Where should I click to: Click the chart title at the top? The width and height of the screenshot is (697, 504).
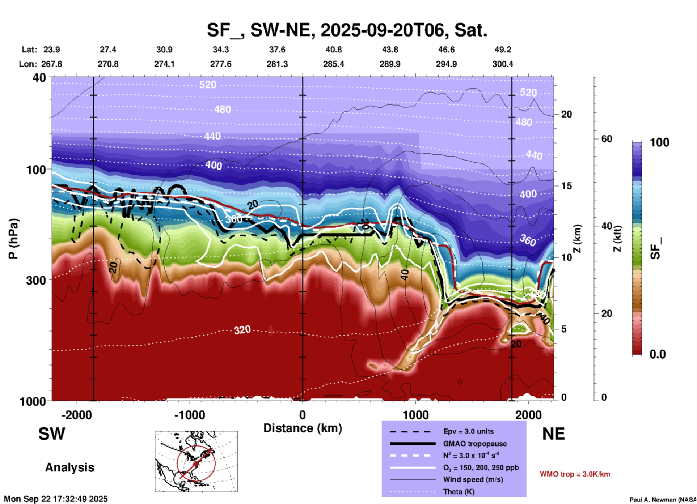point(347,30)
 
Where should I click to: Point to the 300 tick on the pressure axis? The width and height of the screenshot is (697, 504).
point(36,280)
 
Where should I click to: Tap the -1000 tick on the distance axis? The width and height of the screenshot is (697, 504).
point(190,415)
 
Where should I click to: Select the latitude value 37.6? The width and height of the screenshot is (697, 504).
point(277,50)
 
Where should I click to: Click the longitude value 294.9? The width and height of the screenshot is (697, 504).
point(446,64)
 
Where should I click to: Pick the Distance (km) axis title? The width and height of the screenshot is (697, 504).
point(303,428)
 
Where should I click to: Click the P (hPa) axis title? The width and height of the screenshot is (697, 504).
point(13,239)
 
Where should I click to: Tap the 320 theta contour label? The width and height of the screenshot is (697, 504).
point(242,330)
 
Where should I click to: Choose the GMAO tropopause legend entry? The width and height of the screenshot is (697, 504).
point(475,444)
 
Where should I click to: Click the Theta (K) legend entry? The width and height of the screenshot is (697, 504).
point(459,492)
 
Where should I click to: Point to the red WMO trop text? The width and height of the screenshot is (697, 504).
point(575,474)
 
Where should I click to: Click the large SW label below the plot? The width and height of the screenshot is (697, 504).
point(52,434)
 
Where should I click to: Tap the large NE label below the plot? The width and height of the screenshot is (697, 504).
point(553,434)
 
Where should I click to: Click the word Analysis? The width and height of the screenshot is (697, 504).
point(69,467)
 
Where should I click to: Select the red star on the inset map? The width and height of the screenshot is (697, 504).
point(196,464)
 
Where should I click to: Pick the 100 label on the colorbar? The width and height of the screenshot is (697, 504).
point(659,142)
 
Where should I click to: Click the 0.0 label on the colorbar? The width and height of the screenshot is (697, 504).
point(658,354)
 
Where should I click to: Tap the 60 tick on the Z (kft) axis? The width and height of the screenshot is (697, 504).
point(607,139)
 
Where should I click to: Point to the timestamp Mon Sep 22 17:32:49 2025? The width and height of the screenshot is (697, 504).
point(56,499)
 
